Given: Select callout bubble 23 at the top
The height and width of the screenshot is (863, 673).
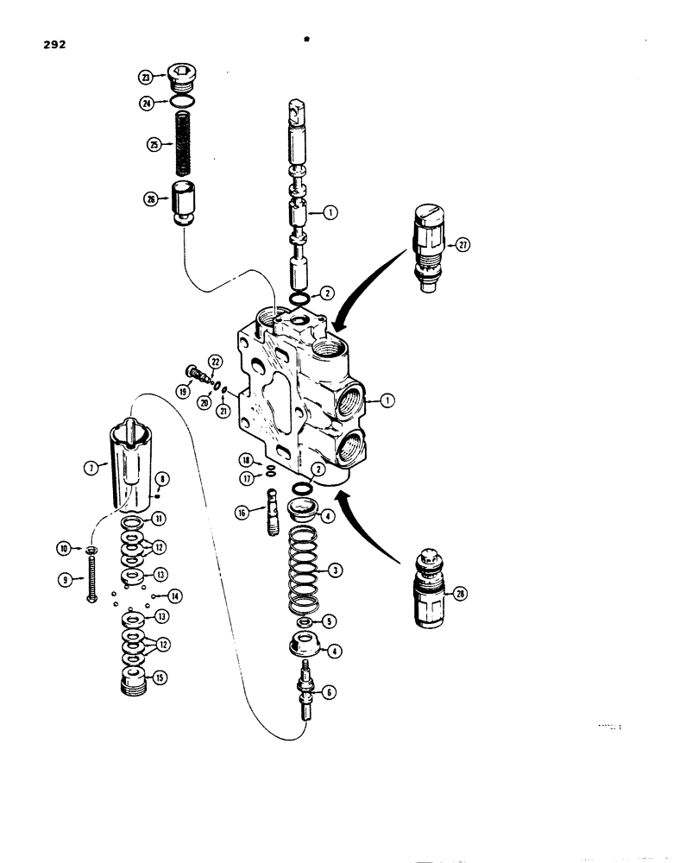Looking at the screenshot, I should pyautogui.click(x=148, y=77).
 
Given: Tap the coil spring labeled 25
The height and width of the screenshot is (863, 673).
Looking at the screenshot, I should pyautogui.click(x=182, y=142).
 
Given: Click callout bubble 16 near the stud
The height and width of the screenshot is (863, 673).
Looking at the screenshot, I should pyautogui.click(x=242, y=512).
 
